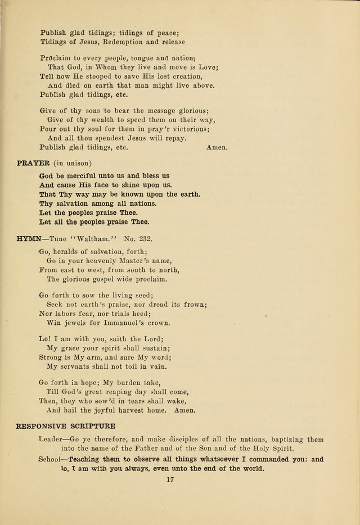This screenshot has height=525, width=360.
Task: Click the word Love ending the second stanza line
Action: tap(208, 67)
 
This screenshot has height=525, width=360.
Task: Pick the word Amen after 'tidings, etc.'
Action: tap(217, 148)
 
